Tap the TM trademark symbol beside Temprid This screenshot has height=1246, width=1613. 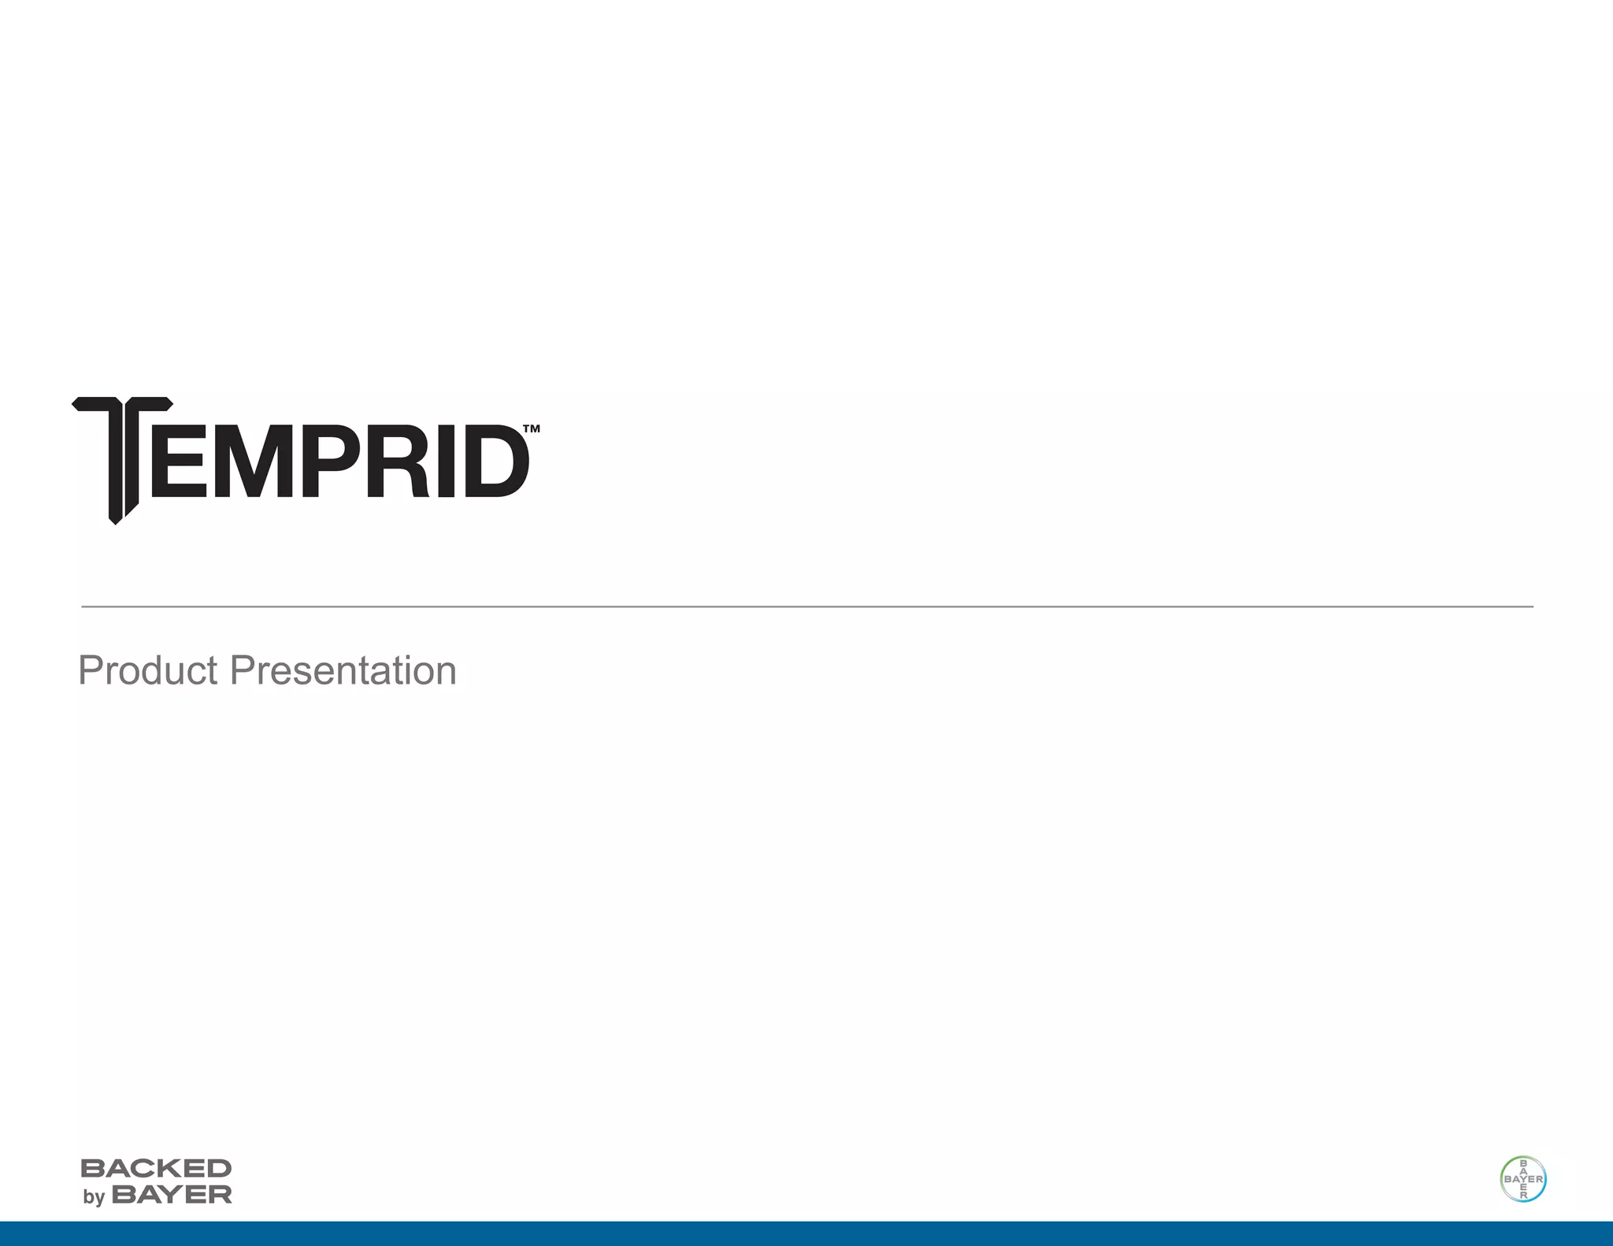point(532,429)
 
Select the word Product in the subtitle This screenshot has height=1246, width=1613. point(147,670)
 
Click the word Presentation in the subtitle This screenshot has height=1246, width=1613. point(343,670)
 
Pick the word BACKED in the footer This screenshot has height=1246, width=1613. point(156,1168)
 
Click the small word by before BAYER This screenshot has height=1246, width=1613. point(94,1197)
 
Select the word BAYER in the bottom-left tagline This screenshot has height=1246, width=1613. point(172,1195)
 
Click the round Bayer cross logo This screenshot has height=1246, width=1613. point(1522,1179)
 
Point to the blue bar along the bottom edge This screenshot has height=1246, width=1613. point(806,1233)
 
